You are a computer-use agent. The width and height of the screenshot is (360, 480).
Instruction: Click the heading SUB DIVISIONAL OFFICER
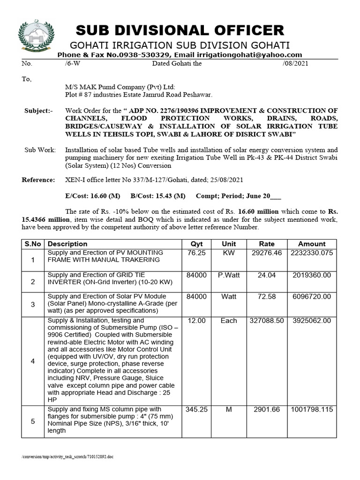click(180, 30)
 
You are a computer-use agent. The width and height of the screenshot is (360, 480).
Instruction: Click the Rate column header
click(267, 244)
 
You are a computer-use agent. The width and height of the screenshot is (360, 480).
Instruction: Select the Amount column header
click(311, 244)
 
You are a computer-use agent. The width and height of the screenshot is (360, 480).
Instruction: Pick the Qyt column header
click(196, 244)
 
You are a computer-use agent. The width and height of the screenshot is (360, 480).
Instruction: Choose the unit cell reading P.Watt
click(229, 275)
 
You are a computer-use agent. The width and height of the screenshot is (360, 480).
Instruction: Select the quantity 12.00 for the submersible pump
click(196, 321)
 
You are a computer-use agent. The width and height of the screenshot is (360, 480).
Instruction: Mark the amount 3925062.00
click(311, 321)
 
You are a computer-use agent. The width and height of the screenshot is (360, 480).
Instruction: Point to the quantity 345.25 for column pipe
click(196, 409)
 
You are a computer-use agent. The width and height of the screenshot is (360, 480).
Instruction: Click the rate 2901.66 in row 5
click(267, 409)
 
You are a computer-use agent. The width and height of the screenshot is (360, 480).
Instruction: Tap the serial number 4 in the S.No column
click(33, 361)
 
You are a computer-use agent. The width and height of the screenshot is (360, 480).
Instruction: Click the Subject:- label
click(38, 111)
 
